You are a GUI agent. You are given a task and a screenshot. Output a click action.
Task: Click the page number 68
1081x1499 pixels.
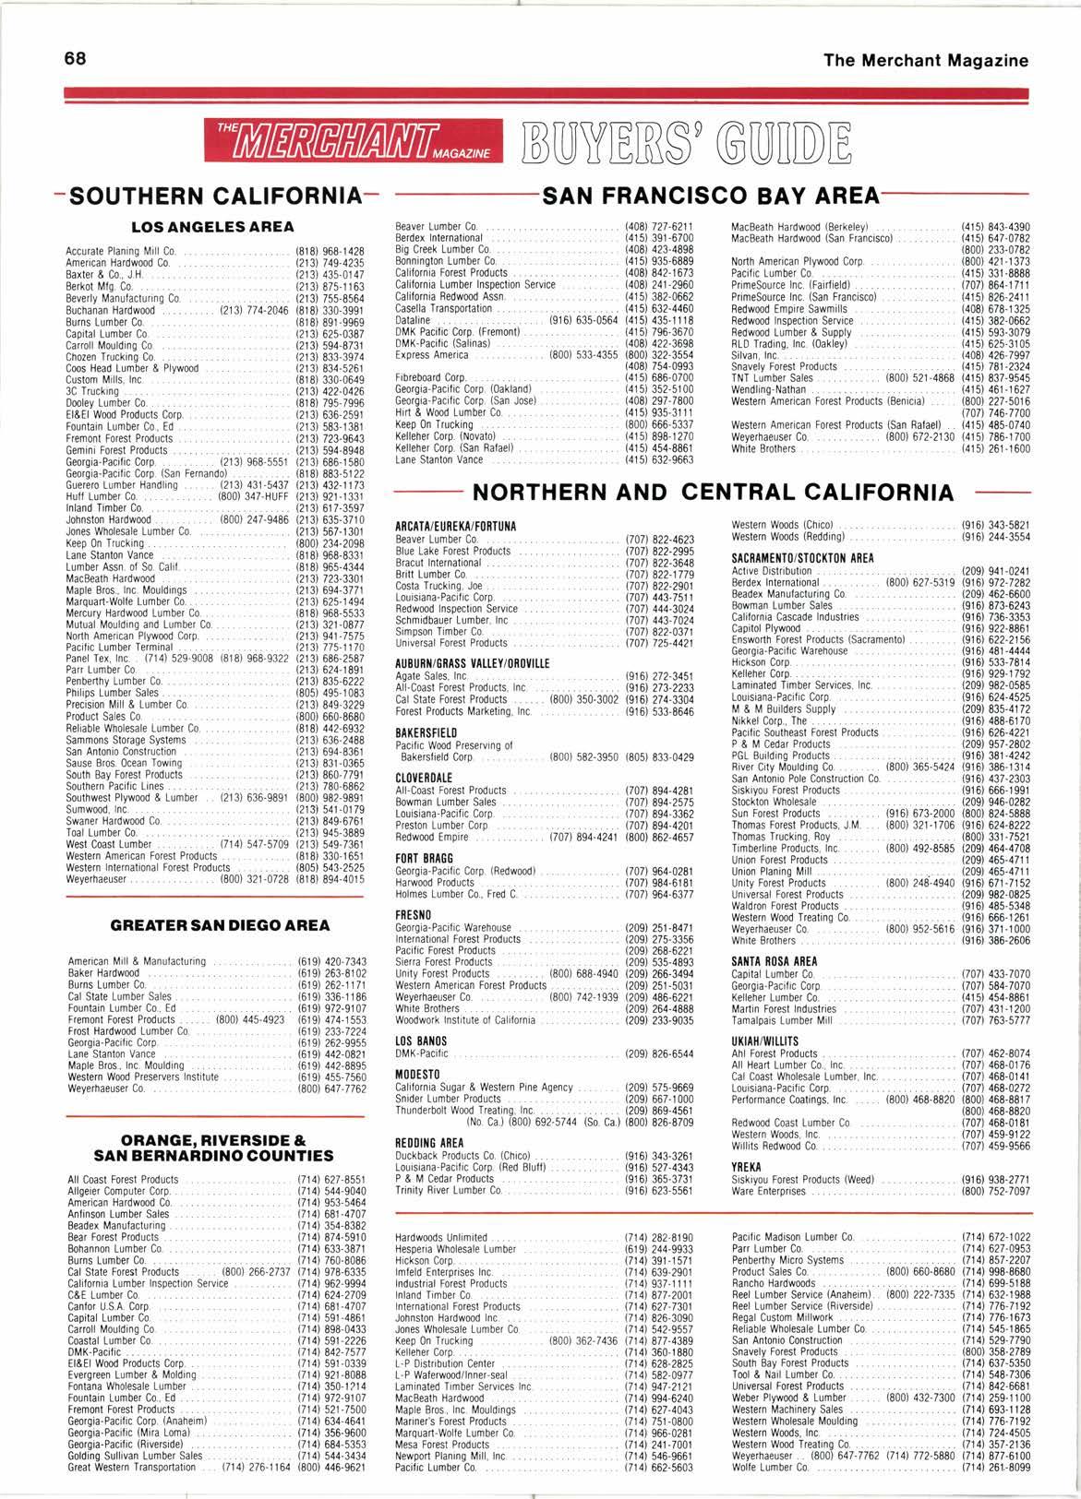coord(76,59)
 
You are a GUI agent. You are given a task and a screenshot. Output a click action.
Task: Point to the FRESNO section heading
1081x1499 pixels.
coord(411,914)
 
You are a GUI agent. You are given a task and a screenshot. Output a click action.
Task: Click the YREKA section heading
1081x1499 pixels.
coord(747,1166)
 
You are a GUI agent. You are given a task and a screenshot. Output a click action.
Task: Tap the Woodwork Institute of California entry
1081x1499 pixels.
coord(464,1020)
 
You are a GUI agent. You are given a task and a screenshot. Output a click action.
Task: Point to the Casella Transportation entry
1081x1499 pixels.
coord(443,308)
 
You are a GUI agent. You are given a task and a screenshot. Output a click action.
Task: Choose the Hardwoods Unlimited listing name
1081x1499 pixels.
coord(440,1237)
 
